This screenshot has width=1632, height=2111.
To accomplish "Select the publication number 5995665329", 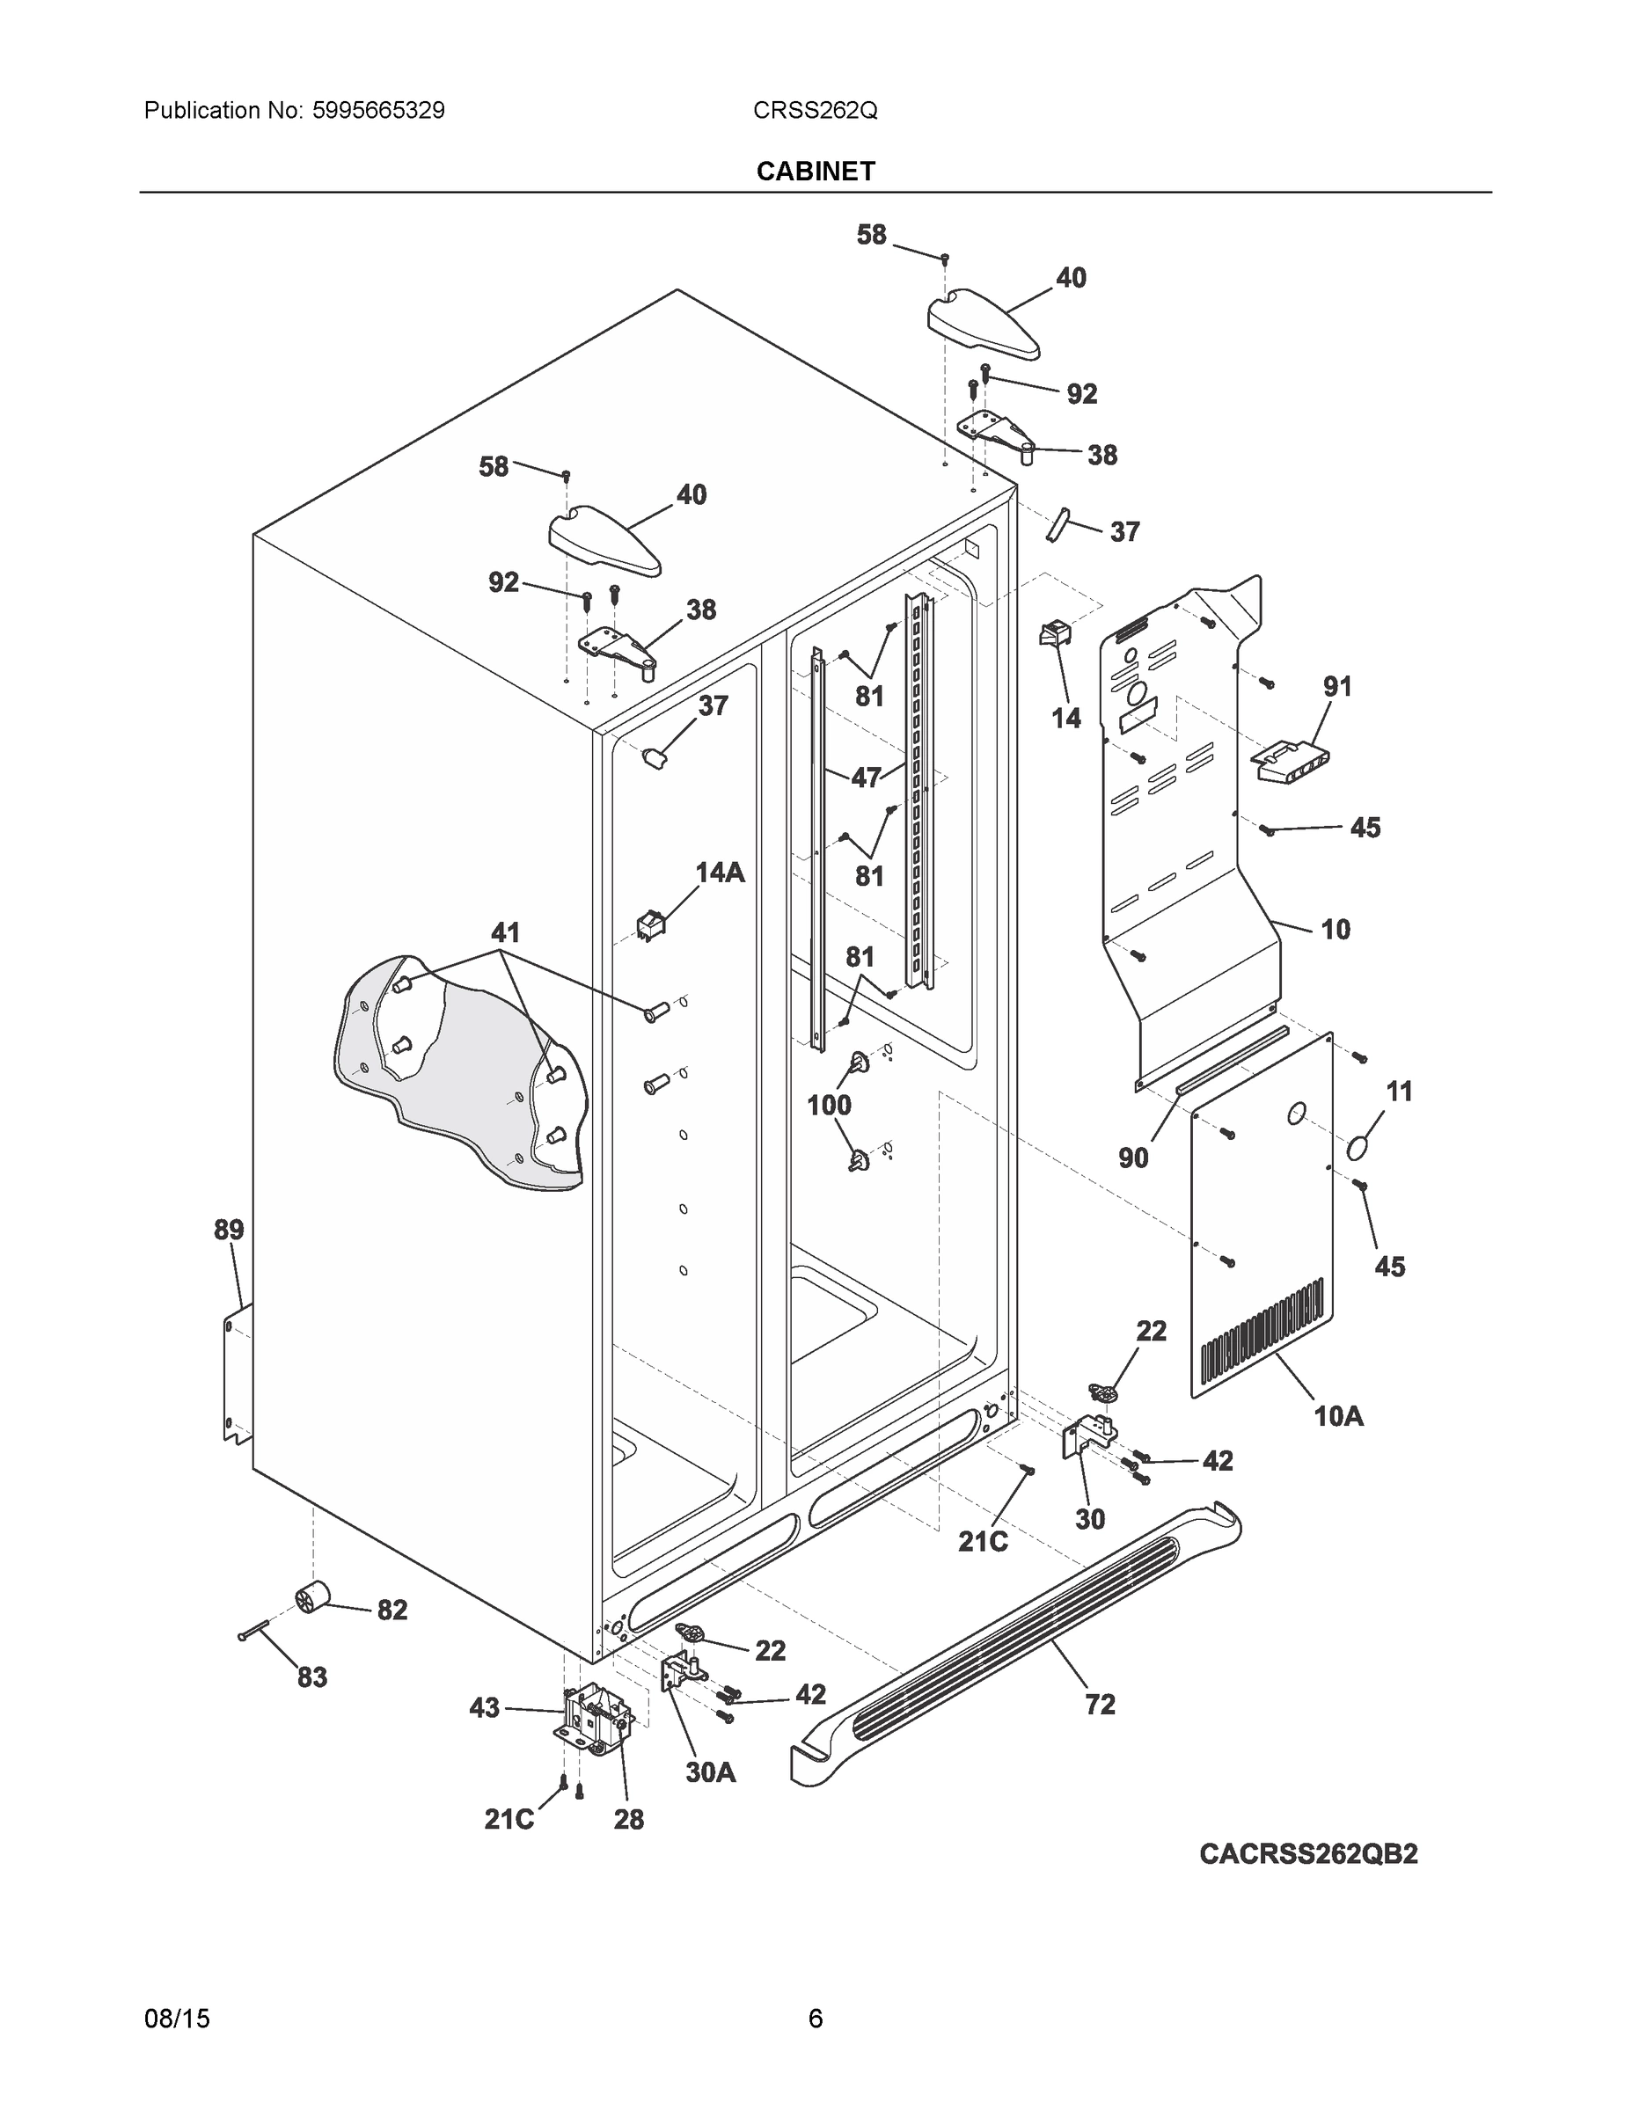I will click(x=378, y=111).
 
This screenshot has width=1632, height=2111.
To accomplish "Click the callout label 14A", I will click(x=721, y=873).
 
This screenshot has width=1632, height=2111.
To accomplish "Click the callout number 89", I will click(x=229, y=1231).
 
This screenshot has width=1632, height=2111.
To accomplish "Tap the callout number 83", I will click(x=312, y=1678).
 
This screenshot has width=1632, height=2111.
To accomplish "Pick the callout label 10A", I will click(x=1339, y=1417).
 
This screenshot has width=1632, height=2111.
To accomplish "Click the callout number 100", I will click(x=829, y=1105).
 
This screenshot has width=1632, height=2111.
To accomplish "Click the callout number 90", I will click(x=1133, y=1158).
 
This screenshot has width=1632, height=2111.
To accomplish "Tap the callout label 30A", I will click(x=711, y=1772).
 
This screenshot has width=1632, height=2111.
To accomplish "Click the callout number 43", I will click(x=485, y=1708).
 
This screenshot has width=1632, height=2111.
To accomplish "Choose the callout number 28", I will click(x=628, y=1820).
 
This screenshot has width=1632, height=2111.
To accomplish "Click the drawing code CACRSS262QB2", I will click(x=1308, y=1854).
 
